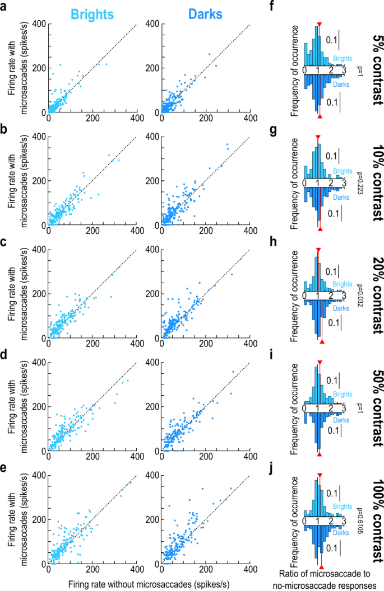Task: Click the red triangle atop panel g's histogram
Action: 318,137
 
